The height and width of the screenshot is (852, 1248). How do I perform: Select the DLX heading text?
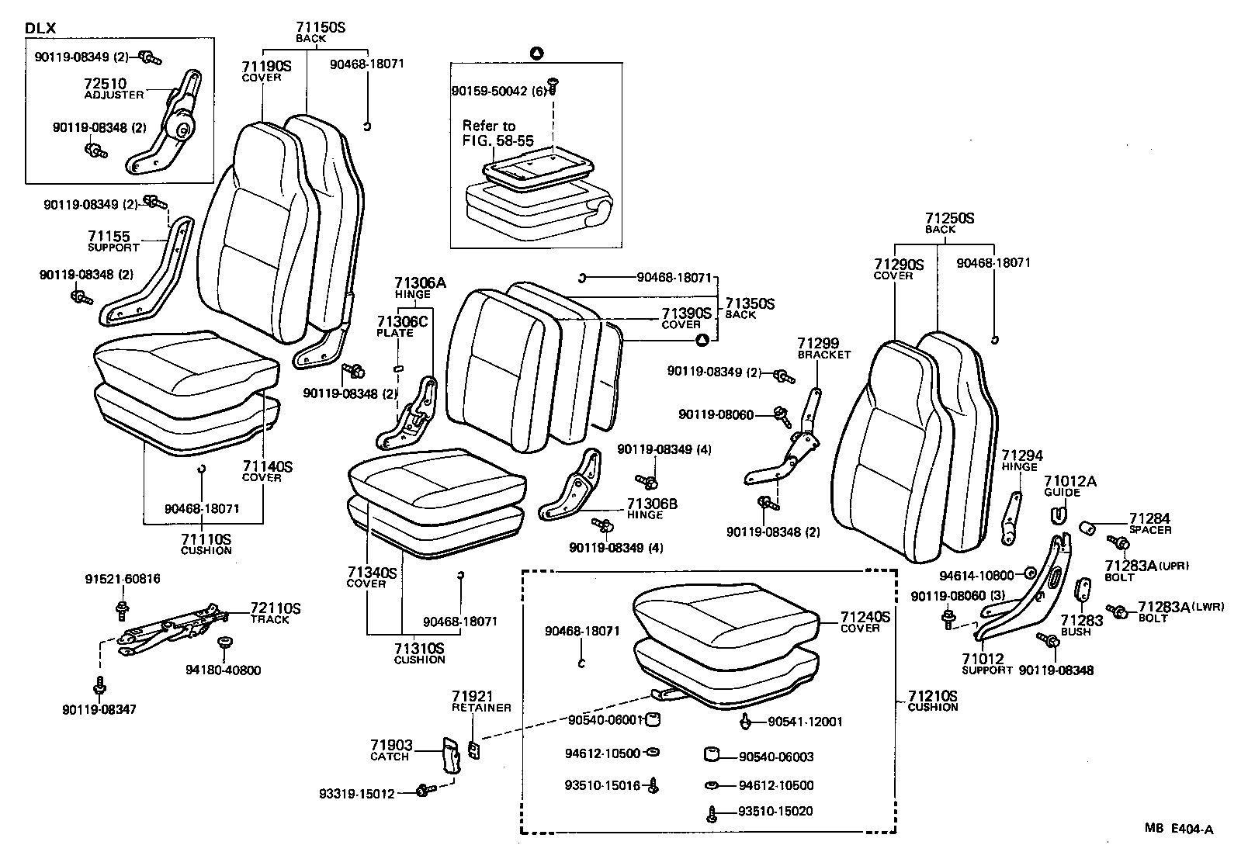(x=40, y=29)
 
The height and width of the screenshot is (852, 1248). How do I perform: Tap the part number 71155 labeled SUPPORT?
(x=109, y=237)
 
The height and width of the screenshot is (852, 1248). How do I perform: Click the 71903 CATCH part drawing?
(x=451, y=754)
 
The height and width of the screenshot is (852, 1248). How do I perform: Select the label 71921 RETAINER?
(x=473, y=701)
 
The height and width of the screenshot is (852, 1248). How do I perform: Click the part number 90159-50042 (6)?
(x=499, y=91)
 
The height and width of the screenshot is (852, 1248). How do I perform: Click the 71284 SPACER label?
(x=1149, y=522)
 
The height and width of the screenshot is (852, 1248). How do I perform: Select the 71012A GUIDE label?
(x=1069, y=486)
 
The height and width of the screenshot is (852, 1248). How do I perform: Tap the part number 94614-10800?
(x=976, y=575)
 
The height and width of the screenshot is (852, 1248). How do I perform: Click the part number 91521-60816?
(x=123, y=579)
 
